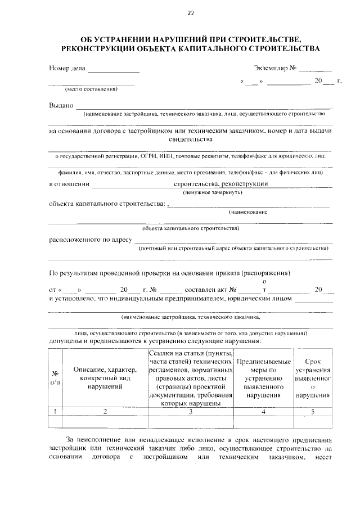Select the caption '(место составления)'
pyautogui.click(x=91, y=89)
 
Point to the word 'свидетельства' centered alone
pyautogui.click(x=191, y=139)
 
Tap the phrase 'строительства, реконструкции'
pyautogui.click(x=221, y=183)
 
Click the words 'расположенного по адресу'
pyautogui.click(x=90, y=239)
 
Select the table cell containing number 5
pyautogui.click(x=313, y=411)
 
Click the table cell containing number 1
pyautogui.click(x=56, y=411)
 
